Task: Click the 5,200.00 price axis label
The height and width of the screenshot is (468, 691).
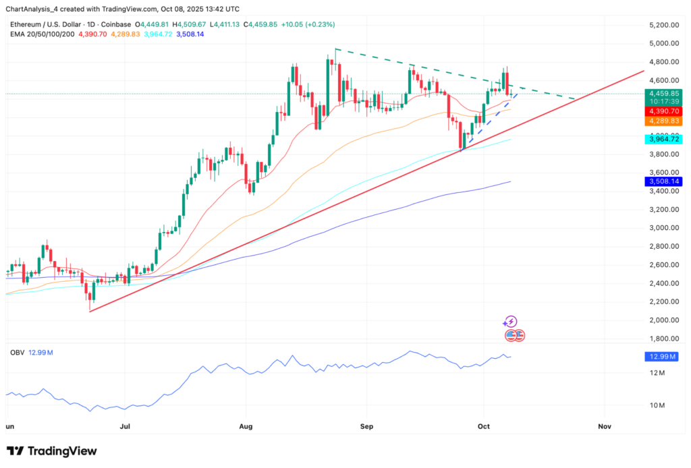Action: coord(661,25)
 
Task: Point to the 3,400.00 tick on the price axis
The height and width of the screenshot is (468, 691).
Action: coord(661,191)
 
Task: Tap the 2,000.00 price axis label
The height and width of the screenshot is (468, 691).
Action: coord(661,320)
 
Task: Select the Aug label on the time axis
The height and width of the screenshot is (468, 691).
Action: coord(246,427)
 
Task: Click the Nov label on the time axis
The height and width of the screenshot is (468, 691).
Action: coord(605,427)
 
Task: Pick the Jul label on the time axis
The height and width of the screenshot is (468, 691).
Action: coord(126,427)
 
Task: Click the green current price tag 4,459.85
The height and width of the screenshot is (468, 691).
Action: coord(662,94)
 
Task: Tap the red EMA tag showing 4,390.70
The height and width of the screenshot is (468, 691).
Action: coord(662,111)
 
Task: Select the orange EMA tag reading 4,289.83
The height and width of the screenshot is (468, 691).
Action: coord(662,121)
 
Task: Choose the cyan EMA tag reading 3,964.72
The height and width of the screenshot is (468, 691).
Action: coord(662,139)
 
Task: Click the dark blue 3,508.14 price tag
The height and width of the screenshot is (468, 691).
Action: coord(662,181)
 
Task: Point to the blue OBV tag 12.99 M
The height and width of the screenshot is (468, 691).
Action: coord(662,357)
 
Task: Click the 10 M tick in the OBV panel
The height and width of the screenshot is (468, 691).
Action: coord(657,405)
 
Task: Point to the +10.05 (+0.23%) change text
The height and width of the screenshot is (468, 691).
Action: coord(311,24)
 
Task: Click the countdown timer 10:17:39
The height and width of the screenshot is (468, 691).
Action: coord(662,101)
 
